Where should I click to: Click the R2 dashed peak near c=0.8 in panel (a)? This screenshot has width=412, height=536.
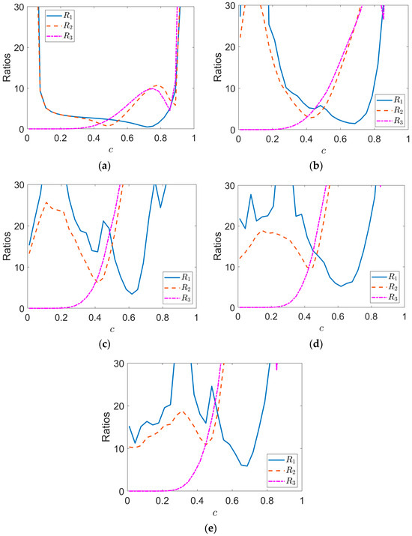[x=157, y=85]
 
